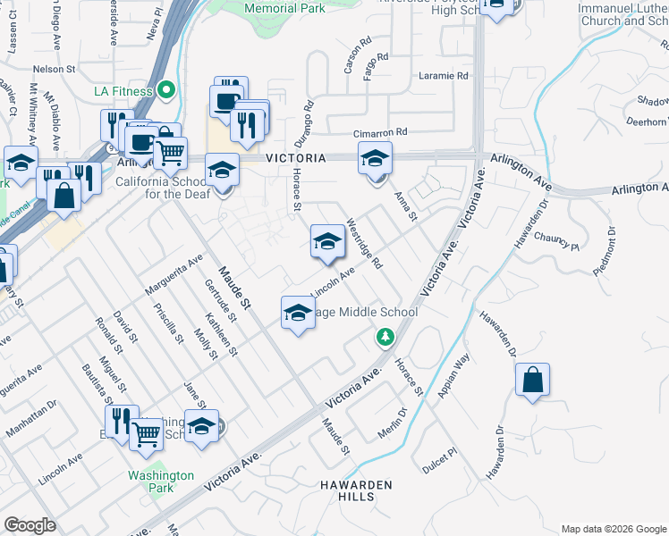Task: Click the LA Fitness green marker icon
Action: tap(165, 90)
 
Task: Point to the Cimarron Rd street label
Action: tap(380, 131)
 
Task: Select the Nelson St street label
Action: tap(54, 69)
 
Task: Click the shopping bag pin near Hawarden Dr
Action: tap(532, 381)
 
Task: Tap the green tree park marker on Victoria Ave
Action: tap(385, 337)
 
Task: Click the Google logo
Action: tap(30, 525)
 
